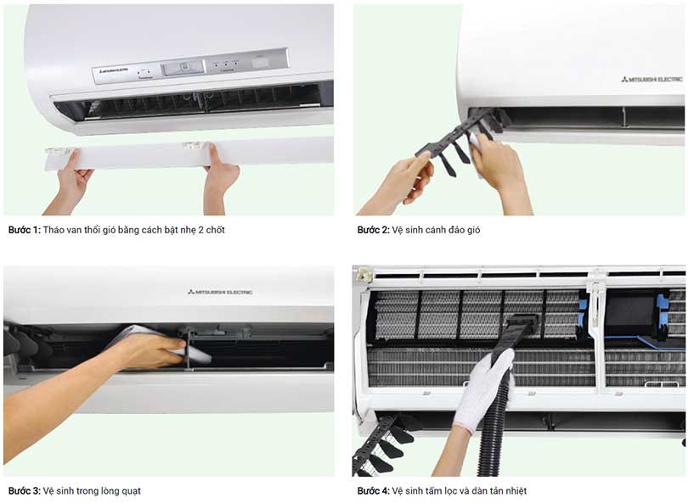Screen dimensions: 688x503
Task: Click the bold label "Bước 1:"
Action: pyautogui.click(x=24, y=230)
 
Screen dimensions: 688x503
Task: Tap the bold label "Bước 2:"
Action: pyautogui.click(x=373, y=230)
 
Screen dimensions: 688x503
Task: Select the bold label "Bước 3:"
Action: pyautogui.click(x=24, y=491)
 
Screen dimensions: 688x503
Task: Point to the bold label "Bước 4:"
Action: pyautogui.click(x=373, y=491)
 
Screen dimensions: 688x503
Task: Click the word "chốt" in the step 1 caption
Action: pyautogui.click(x=215, y=230)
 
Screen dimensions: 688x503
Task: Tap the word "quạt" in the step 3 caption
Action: pyautogui.click(x=131, y=491)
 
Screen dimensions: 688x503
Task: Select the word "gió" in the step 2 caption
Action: pyautogui.click(x=473, y=230)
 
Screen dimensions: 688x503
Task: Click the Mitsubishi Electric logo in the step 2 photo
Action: pyautogui.click(x=651, y=79)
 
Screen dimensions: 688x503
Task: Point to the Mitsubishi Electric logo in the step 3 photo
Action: pyautogui.click(x=220, y=292)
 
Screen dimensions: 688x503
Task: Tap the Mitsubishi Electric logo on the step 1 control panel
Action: pyautogui.click(x=113, y=70)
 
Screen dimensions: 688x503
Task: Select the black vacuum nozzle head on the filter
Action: pyautogui.click(x=522, y=322)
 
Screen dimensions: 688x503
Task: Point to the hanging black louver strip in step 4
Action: pyautogui.click(x=381, y=447)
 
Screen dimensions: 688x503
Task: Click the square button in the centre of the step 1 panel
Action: pyautogui.click(x=183, y=68)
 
